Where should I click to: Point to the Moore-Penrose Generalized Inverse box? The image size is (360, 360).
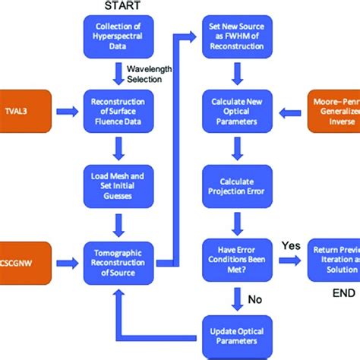[x=333, y=109]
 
